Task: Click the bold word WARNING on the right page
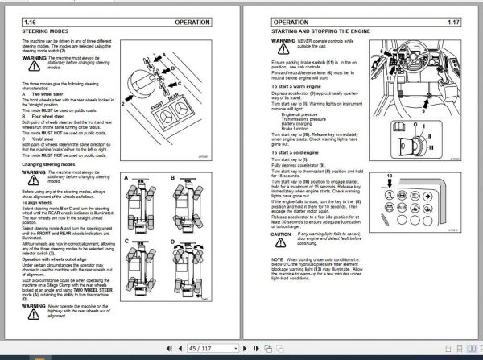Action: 284,39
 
